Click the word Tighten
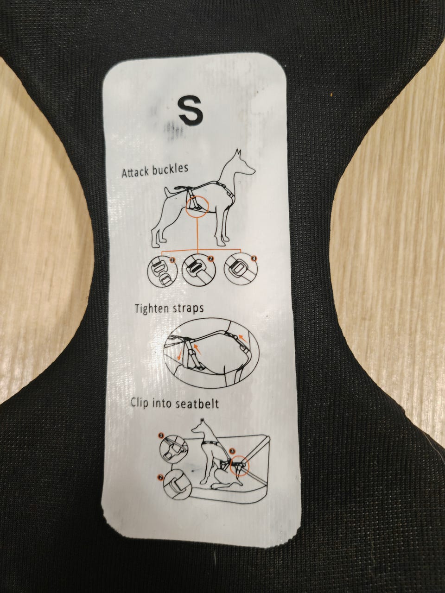pyautogui.click(x=152, y=309)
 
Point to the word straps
pyautogui.click(x=188, y=309)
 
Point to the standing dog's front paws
pyautogui.click(x=224, y=241)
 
